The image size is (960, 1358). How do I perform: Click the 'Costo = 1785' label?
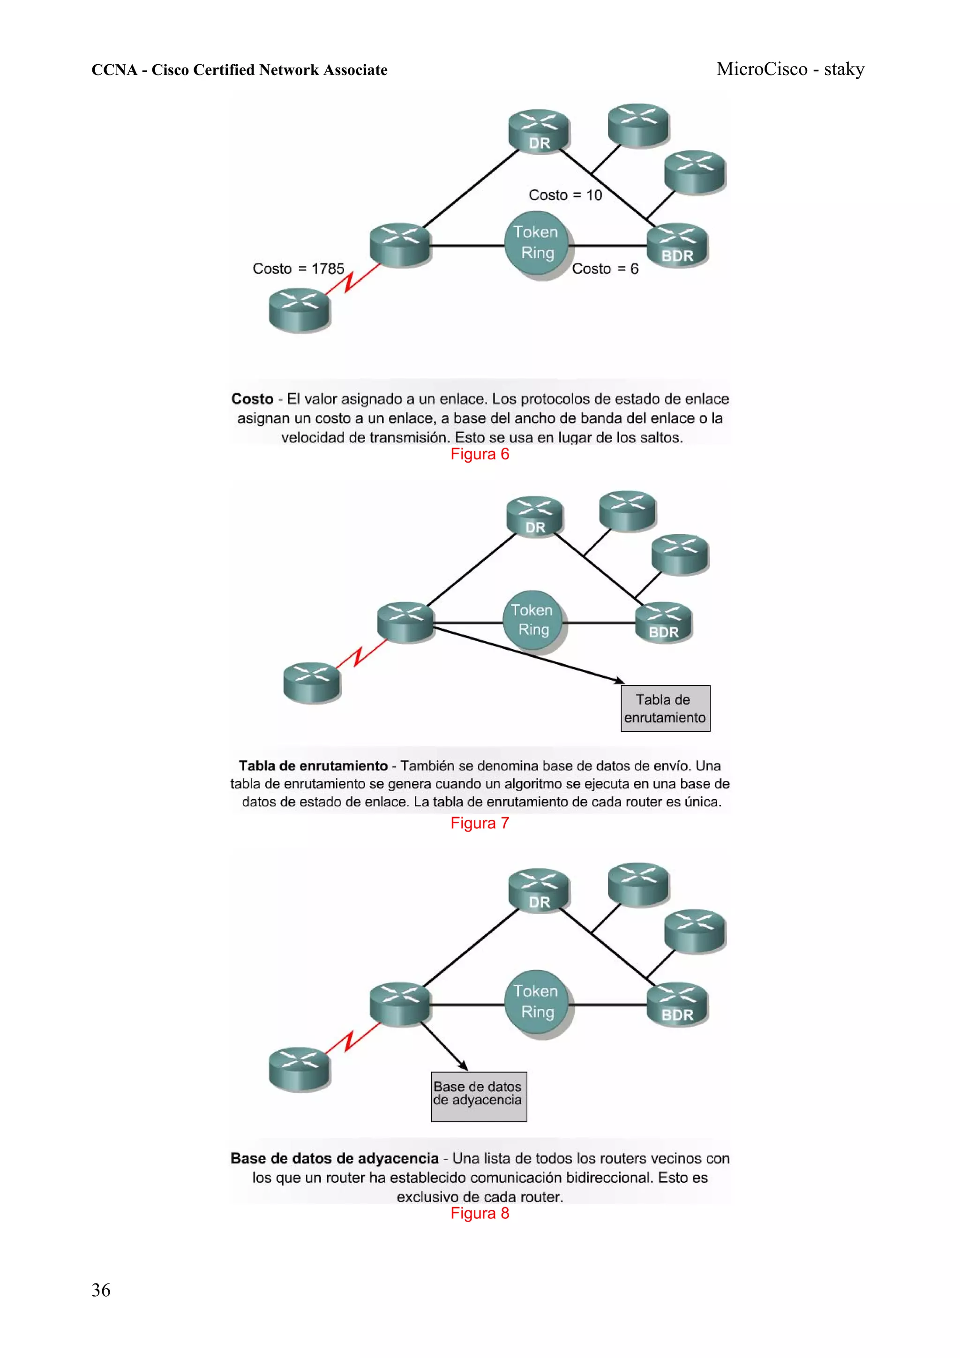tap(298, 269)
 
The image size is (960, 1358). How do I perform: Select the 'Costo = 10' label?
tap(565, 195)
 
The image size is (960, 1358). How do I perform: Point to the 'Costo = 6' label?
tap(605, 269)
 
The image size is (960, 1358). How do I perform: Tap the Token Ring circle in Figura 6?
tap(536, 243)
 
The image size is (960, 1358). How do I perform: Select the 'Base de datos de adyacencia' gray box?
tap(478, 1096)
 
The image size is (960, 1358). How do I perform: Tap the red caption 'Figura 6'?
tap(480, 454)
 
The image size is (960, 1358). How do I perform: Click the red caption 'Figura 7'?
tap(480, 823)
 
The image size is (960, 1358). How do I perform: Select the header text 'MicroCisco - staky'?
tap(790, 69)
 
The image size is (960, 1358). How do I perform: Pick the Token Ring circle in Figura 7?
tap(532, 620)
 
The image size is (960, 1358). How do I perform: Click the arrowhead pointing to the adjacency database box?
tap(465, 1066)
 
